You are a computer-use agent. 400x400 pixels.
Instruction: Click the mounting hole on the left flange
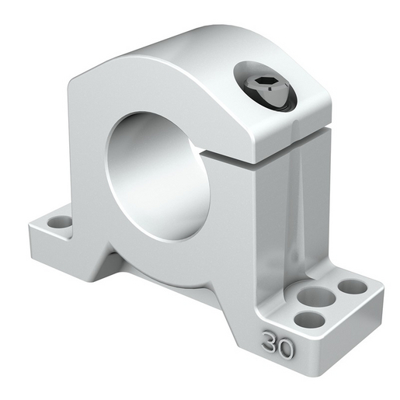[57, 222]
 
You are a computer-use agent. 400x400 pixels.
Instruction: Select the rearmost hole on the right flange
[353, 287]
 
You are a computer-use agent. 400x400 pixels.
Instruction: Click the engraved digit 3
[271, 343]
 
